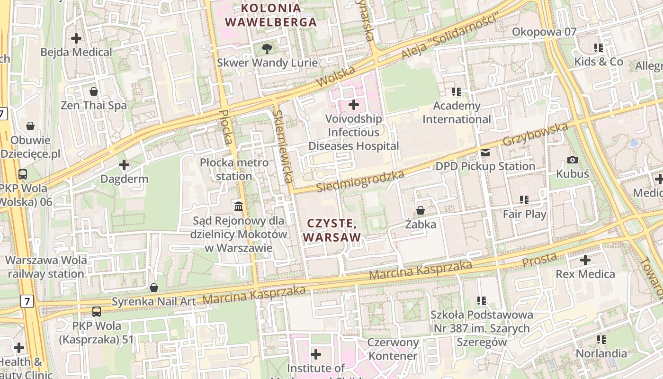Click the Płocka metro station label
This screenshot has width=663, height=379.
tap(234, 169)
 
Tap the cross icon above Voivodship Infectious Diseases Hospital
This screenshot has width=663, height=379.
tap(354, 104)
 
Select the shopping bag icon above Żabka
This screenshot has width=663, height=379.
tap(420, 210)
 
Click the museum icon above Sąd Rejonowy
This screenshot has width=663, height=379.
tap(239, 206)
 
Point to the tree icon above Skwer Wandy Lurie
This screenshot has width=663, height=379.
tap(267, 48)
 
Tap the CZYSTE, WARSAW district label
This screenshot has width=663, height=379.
tap(332, 230)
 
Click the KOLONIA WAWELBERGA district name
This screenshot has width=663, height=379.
tap(270, 15)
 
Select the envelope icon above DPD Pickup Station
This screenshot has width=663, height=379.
tap(485, 153)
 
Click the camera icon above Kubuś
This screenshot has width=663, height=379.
tap(572, 160)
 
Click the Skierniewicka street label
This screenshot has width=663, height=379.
tap(282, 147)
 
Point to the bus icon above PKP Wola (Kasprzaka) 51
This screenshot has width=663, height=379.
tap(97, 312)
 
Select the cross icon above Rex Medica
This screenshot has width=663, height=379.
tap(585, 260)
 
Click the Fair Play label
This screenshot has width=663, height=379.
tap(524, 214)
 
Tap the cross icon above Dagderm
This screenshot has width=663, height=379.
tap(124, 165)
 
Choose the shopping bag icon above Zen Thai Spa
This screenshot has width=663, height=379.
tap(94, 91)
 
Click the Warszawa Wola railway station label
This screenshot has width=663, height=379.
tap(46, 267)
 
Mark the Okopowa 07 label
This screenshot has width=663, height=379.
tap(545, 32)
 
